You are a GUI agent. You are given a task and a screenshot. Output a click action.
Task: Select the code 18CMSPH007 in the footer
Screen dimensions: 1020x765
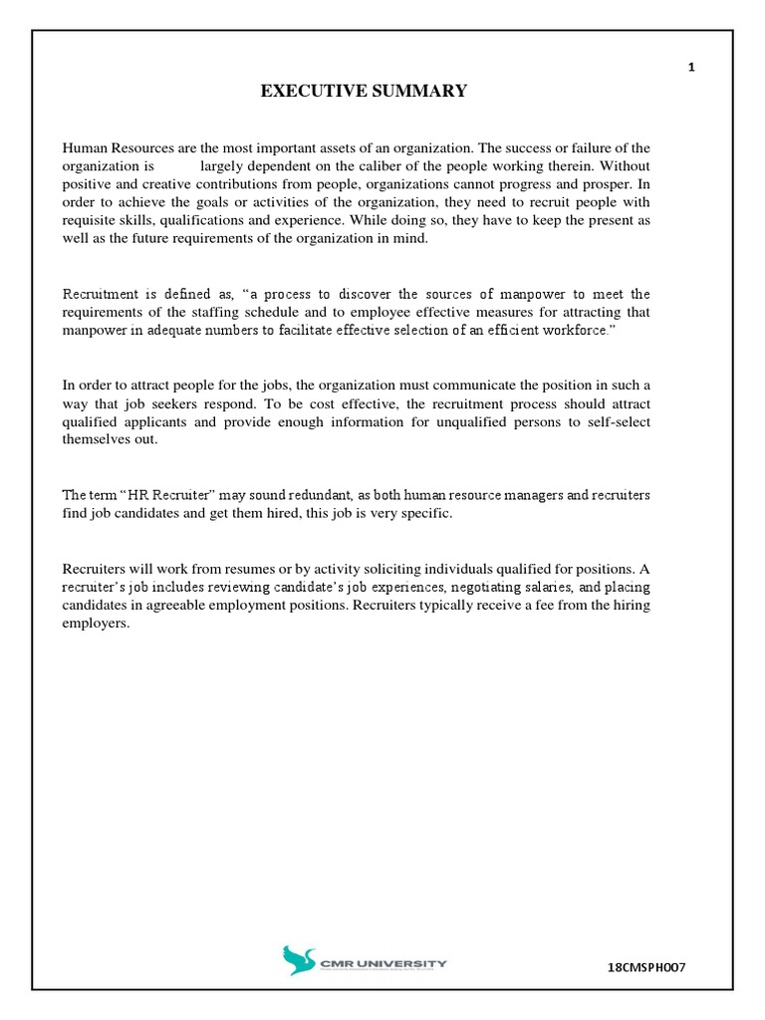click(648, 967)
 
